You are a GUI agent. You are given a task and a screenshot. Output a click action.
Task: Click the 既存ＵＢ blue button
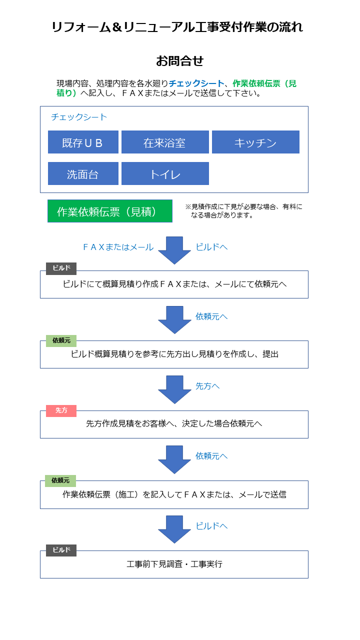click(83, 142)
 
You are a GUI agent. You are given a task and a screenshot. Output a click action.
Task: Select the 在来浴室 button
click(165, 142)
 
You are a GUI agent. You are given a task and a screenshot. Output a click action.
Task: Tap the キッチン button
click(255, 142)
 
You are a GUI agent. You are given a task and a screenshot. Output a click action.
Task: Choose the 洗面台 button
click(83, 173)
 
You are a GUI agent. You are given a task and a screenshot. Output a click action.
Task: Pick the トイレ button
click(165, 173)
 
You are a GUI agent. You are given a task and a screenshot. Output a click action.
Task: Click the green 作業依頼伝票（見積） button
click(110, 211)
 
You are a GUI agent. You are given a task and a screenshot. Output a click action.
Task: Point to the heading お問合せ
click(179, 61)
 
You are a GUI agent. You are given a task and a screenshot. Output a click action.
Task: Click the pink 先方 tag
click(61, 411)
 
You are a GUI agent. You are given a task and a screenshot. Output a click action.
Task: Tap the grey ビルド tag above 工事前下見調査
click(61, 550)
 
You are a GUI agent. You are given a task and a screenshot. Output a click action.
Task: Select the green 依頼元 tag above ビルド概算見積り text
click(61, 341)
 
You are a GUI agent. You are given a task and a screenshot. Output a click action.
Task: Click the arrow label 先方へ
click(207, 386)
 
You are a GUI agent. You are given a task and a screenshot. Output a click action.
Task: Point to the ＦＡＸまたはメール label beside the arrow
click(118, 247)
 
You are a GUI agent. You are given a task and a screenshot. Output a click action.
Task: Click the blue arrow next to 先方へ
click(174, 389)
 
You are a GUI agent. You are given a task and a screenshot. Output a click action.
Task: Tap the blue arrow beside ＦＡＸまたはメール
click(174, 250)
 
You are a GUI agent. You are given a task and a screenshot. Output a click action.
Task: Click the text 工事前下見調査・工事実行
click(174, 564)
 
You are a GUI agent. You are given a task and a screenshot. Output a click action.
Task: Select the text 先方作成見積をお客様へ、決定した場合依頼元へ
click(174, 423)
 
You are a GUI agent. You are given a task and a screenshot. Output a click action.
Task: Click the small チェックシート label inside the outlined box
click(79, 117)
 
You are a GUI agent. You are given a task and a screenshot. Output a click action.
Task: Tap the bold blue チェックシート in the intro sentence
click(196, 83)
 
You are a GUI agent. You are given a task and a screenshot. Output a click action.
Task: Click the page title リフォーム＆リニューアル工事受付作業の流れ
click(177, 27)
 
